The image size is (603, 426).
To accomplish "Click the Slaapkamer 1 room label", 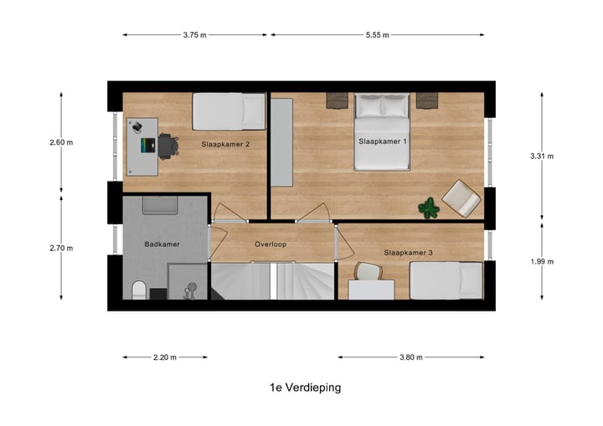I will point(382,141).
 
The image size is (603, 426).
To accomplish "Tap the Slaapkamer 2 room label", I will point(226,144).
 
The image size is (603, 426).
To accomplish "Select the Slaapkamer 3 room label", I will point(408,252).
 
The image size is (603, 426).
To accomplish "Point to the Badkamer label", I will point(161,245).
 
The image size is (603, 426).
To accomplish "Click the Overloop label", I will point(271,245).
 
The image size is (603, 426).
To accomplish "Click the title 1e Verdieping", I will point(305,388).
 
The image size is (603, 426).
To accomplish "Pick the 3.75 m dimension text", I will point(194,35).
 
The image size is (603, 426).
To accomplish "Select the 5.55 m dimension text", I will point(377,35).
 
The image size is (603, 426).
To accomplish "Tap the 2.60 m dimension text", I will point(61,142).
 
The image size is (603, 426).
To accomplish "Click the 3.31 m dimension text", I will point(542,156).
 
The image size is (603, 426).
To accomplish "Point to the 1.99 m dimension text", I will point(542,261).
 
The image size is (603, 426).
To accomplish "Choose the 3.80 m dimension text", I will point(410,357).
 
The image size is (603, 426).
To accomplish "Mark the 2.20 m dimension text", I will point(165,357).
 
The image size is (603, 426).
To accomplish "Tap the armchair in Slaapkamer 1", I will point(461,198).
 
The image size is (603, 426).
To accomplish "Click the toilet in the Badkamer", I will point(140,290).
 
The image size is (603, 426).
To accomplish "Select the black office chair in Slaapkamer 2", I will point(168,145).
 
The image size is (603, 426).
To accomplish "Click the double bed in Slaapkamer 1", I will point(382,131).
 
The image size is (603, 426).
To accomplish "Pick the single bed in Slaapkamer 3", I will point(446,280).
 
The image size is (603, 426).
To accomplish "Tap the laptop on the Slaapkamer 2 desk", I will point(145,146).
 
